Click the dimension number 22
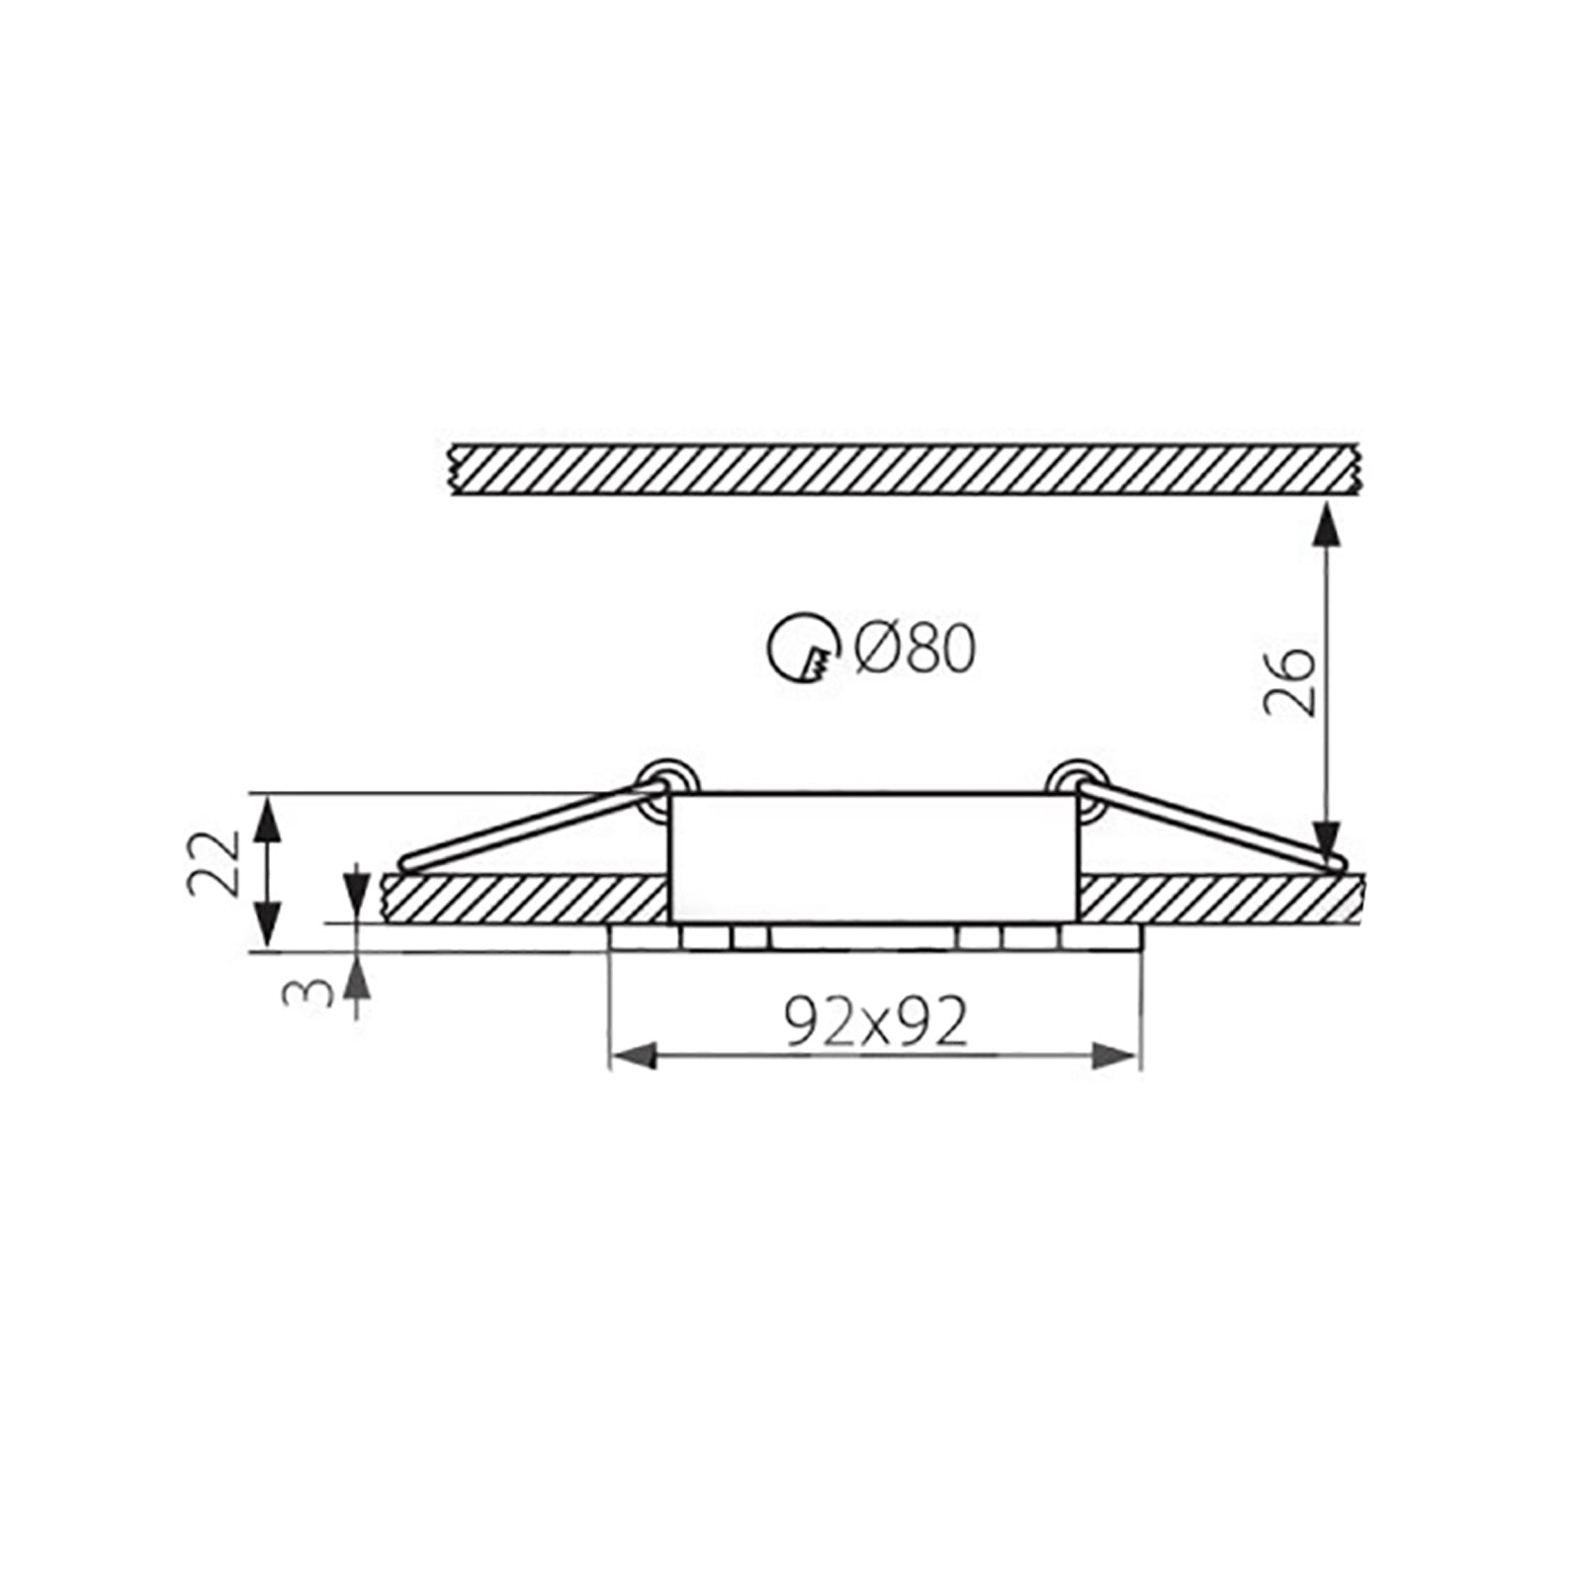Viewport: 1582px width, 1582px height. click(215, 862)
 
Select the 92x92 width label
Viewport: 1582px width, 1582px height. click(875, 1022)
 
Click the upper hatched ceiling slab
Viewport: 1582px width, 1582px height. click(905, 469)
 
